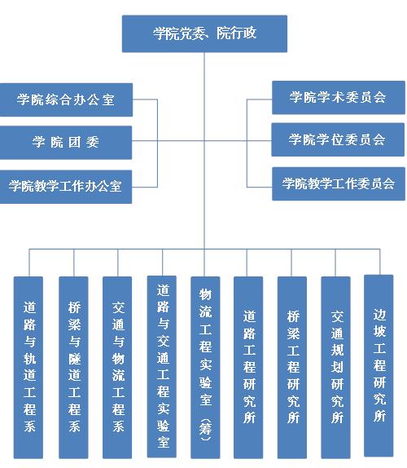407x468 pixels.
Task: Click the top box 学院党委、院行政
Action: click(204, 33)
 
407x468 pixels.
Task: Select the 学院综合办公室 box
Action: click(66, 99)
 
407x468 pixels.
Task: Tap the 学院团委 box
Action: click(66, 143)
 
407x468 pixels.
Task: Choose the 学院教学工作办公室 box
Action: click(66, 187)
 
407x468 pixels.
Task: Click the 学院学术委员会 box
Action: click(339, 97)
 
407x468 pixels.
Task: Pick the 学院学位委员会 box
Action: click(338, 139)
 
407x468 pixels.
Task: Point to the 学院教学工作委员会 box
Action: click(339, 183)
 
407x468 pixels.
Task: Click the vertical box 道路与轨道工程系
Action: click(28, 368)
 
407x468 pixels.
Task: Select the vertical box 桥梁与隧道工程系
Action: click(73, 368)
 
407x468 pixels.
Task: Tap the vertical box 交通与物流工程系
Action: click(117, 368)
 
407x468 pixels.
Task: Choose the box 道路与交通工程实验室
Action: click(162, 367)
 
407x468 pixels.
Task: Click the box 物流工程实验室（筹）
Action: click(205, 368)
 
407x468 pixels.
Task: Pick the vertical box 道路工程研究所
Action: click(248, 368)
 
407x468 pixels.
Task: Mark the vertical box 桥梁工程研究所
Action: click(292, 368)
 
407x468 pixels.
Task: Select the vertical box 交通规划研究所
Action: click(335, 368)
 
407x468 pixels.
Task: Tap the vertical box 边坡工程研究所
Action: click(379, 365)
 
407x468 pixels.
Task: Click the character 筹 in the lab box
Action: click(206, 430)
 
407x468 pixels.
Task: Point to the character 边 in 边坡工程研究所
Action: click(379, 314)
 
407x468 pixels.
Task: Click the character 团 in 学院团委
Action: click(74, 142)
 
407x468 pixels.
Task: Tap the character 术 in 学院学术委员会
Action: click(338, 97)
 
